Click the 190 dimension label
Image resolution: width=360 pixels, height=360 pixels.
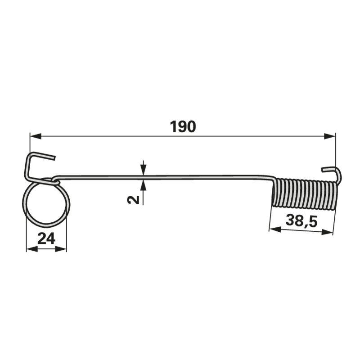point(183,127)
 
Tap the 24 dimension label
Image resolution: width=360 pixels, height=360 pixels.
point(46,238)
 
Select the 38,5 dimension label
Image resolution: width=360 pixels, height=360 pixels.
point(301,221)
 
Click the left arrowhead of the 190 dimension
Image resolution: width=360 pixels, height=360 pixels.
point(36,137)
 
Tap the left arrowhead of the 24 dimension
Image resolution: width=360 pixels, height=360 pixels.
point(32,249)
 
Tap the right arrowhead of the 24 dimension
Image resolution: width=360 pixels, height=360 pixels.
point(61,249)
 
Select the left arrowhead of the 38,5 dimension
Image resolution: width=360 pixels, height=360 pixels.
point(275,229)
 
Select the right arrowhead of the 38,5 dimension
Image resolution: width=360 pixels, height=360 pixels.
point(327,232)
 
